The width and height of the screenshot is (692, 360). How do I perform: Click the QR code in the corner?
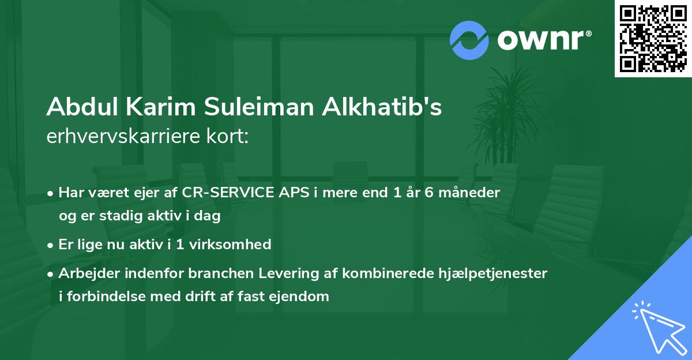[653, 38]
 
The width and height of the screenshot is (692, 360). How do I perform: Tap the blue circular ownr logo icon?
[470, 40]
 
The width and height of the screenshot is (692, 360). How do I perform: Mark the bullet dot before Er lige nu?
[51, 245]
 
